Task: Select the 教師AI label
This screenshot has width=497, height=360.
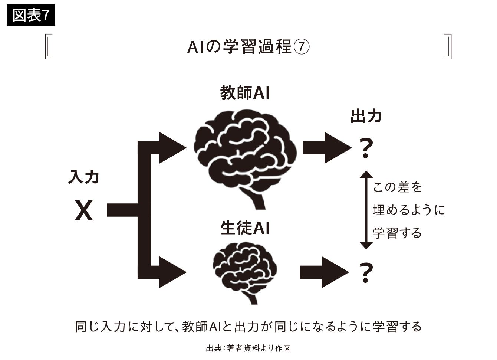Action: tap(245, 93)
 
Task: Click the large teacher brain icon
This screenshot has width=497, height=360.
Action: tap(245, 152)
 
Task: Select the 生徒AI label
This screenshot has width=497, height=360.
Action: tap(245, 228)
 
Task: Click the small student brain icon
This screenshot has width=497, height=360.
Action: tap(245, 269)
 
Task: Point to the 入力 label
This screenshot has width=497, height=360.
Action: tap(83, 177)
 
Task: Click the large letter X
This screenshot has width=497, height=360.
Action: tap(84, 210)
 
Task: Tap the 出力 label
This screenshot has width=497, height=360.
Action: tap(366, 116)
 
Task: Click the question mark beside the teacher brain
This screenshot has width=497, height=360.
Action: tap(366, 148)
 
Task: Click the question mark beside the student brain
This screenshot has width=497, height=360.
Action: tap(366, 273)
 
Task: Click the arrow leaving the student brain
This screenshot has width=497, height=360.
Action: tap(323, 272)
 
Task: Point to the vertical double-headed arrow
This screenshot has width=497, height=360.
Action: tap(366, 210)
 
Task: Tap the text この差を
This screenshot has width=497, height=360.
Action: tap(397, 187)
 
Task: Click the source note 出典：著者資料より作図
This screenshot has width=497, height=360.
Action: tap(248, 348)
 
